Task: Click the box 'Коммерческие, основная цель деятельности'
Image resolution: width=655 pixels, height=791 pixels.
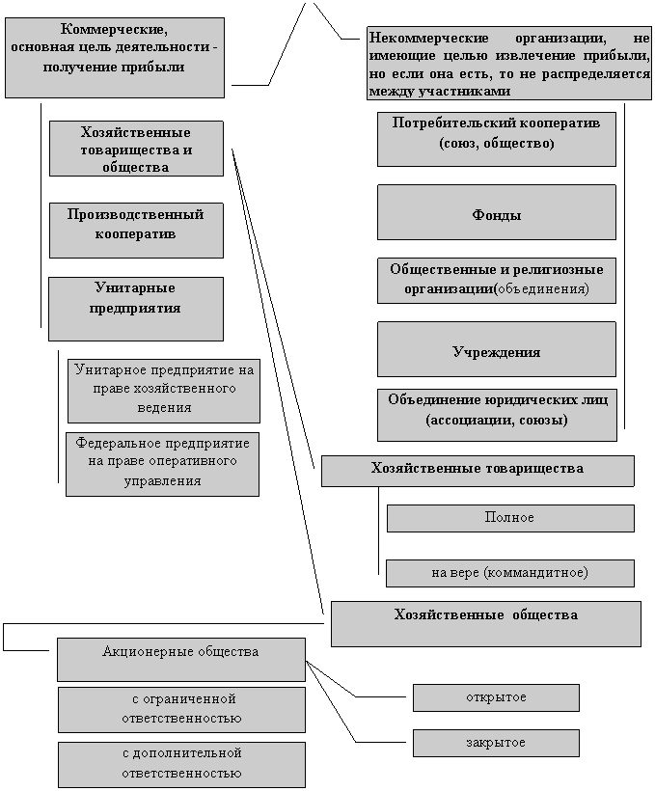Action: point(114,57)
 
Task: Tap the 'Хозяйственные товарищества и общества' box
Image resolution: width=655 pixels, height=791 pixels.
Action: point(136,149)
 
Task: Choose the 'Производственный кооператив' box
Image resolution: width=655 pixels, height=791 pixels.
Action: point(136,230)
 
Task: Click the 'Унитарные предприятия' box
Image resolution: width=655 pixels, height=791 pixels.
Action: point(136,309)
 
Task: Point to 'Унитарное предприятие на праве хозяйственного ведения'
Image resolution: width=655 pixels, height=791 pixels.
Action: point(164,391)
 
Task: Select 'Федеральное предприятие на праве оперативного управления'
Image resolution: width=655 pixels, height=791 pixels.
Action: point(162,464)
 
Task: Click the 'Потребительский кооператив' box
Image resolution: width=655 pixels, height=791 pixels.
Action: point(496,139)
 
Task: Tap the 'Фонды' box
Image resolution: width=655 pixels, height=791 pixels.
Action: point(496,212)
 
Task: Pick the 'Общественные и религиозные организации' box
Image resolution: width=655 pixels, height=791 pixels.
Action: point(496,280)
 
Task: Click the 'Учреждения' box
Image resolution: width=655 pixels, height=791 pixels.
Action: point(496,349)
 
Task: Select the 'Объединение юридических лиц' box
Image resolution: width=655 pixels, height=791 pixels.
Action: point(496,414)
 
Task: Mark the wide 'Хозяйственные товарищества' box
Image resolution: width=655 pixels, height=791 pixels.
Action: point(478,471)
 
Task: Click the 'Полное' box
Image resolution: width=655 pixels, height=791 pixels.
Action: point(510,518)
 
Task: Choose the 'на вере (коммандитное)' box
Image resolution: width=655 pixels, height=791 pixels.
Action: point(510,573)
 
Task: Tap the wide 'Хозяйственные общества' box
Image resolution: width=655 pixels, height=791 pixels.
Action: point(486,623)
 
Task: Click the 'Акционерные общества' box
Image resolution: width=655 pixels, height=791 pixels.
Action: point(181,659)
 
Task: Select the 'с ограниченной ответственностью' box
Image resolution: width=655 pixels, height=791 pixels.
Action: point(181,709)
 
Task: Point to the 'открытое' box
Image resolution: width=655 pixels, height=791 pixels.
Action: point(496,697)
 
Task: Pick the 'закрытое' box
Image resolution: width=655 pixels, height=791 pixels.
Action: point(496,743)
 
